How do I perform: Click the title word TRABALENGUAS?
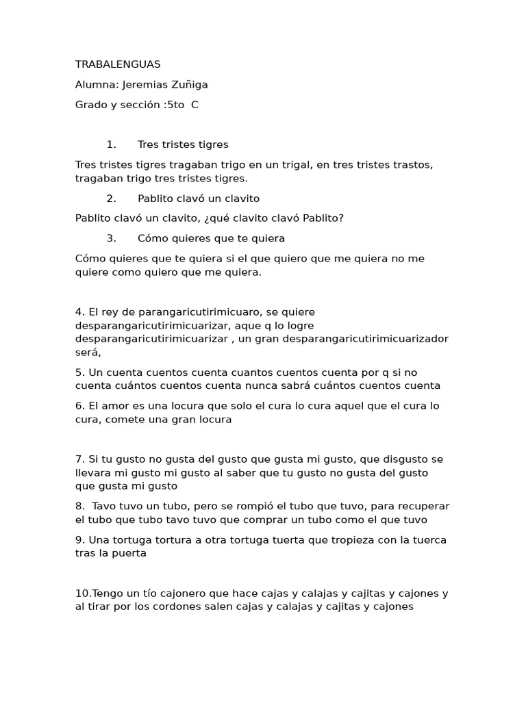118,64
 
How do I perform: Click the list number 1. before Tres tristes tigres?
112,145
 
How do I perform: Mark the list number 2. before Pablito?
112,199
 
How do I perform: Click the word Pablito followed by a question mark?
318,218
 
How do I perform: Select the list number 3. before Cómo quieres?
112,238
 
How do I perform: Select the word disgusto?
403,459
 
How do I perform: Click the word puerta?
128,553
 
